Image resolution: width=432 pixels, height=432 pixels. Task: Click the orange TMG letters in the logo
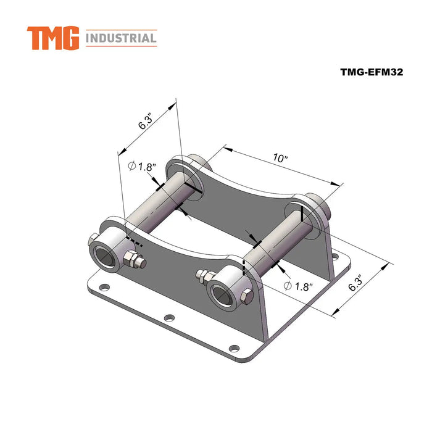[53, 38]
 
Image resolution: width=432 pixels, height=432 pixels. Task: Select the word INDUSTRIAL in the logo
[121, 39]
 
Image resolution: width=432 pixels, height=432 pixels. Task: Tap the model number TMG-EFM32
[371, 72]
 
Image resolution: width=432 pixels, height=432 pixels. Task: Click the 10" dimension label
[281, 159]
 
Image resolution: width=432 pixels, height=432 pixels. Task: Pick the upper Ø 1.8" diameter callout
[143, 167]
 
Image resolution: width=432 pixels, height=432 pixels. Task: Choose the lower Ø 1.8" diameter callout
[298, 286]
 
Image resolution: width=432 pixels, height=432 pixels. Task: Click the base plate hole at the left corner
[104, 287]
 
